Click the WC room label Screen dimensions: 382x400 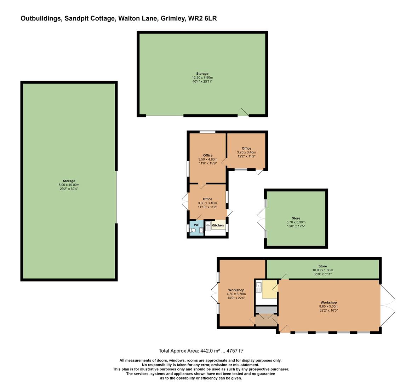click(196, 225)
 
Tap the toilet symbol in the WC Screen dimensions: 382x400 click(193, 230)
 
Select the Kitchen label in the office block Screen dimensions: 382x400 click(218, 225)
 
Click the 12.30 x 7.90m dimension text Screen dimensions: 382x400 click(202, 77)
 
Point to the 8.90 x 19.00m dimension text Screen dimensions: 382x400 click(69, 185)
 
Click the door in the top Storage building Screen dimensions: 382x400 click(243, 112)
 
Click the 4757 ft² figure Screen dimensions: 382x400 click(235, 351)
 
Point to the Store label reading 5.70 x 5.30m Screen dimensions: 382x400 click(296, 218)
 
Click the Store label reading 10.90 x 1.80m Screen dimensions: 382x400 click(322, 266)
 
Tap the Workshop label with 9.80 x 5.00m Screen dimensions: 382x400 click(328, 302)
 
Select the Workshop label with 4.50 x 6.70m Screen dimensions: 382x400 click(236, 290)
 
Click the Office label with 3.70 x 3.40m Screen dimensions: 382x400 click(246, 149)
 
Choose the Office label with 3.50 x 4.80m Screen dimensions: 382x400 click(208, 155)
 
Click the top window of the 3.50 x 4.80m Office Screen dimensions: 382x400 click(207, 132)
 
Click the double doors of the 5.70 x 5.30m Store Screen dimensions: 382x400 click(261, 219)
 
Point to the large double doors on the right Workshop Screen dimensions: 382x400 click(388, 305)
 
